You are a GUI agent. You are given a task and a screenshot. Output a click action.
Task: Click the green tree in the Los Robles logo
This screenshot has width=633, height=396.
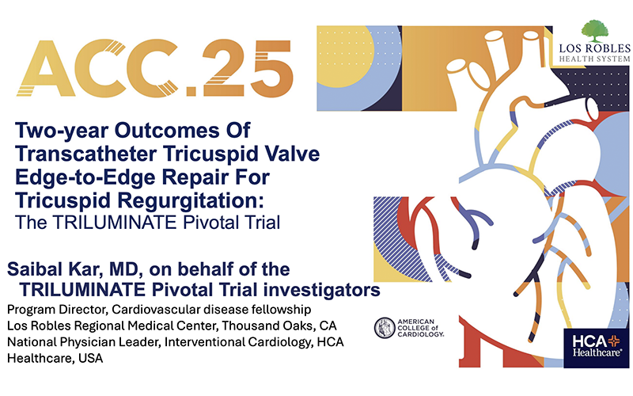[x=595, y=31]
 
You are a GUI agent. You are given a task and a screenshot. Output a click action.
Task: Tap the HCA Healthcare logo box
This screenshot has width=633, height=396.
[x=597, y=348]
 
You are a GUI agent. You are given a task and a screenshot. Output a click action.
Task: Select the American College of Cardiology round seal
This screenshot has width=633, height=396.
[x=385, y=328]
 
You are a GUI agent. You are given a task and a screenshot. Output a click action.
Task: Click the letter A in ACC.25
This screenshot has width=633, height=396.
[x=46, y=68]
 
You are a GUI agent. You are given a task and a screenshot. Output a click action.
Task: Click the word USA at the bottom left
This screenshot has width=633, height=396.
[x=91, y=358]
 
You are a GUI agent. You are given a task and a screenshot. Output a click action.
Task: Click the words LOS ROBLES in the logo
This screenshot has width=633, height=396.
[x=595, y=48]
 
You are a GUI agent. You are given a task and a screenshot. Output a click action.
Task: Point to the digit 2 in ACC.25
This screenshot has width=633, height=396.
[x=226, y=68]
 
